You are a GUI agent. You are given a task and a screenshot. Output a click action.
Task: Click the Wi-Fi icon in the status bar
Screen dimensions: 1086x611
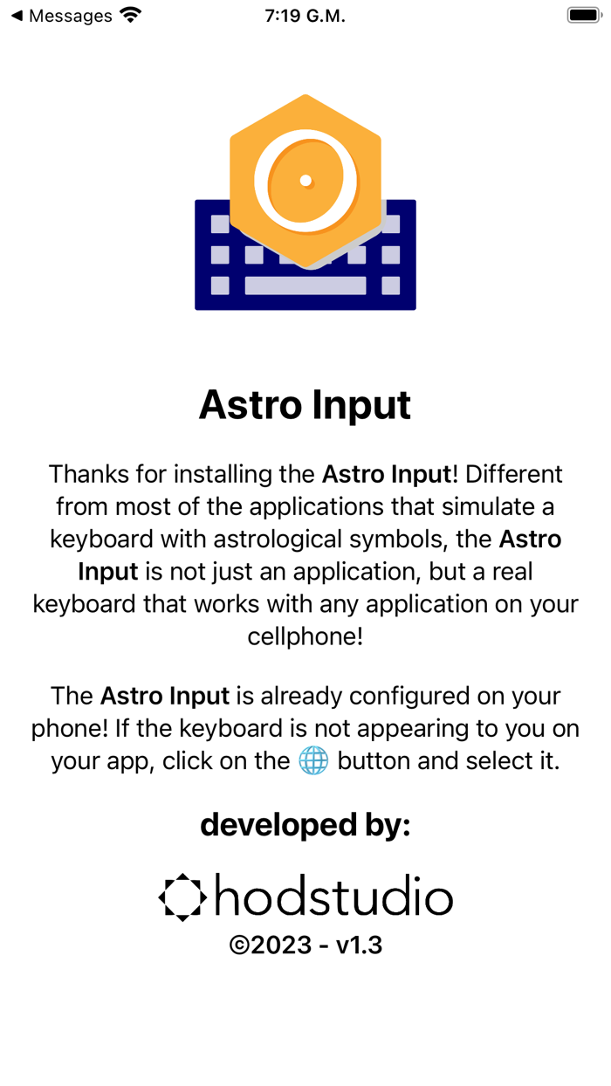click(x=131, y=15)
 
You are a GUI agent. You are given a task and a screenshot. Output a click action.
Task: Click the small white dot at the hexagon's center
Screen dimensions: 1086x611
click(x=305, y=181)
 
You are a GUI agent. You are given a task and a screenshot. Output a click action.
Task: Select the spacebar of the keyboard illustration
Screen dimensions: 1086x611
click(x=305, y=285)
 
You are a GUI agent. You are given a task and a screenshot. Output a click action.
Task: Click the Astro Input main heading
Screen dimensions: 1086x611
click(x=305, y=406)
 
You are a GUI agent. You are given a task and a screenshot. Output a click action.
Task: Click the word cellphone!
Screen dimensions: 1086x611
click(x=305, y=636)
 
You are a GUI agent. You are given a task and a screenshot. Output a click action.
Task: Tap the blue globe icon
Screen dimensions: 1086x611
click(x=313, y=760)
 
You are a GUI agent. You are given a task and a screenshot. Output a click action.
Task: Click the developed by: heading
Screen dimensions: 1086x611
click(x=305, y=824)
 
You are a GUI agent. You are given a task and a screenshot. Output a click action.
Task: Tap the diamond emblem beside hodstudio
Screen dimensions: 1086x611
click(x=182, y=897)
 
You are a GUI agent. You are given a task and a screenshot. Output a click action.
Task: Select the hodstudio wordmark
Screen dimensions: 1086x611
click(x=333, y=897)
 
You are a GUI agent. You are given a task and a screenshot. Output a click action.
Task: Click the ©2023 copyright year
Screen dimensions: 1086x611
click(x=270, y=945)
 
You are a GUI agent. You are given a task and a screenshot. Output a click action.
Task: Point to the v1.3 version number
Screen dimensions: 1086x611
click(x=359, y=945)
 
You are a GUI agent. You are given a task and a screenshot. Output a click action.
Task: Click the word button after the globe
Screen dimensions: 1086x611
click(x=374, y=760)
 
